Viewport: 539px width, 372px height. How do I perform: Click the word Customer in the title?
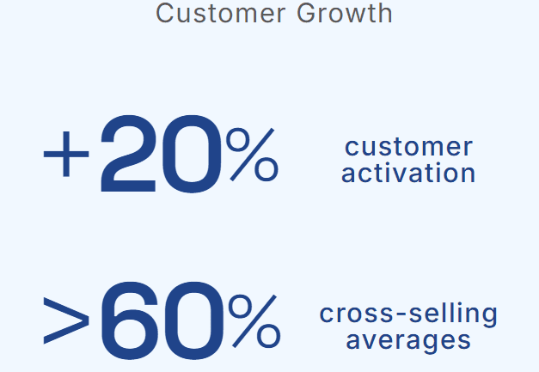(220, 14)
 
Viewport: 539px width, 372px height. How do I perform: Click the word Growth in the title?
(345, 13)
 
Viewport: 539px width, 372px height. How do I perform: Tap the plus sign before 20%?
(66, 155)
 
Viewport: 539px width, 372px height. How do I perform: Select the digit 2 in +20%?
(128, 154)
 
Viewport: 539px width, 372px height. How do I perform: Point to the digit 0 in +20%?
(192, 154)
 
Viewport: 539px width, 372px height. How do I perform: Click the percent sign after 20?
(252, 155)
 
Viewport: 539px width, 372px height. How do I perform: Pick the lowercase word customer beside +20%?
(408, 147)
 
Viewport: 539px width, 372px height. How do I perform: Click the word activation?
(408, 174)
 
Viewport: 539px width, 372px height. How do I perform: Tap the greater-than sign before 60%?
(66, 320)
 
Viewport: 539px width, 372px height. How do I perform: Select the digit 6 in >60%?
(130, 320)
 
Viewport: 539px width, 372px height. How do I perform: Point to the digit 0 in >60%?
(194, 320)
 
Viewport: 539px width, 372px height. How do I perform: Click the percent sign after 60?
(254, 321)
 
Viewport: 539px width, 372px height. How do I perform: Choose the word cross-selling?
(408, 314)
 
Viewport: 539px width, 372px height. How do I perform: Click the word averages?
(408, 341)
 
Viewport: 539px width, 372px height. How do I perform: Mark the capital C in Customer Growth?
(165, 14)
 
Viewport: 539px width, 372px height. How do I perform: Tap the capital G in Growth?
(307, 13)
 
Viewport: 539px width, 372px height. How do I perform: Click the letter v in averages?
(371, 340)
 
